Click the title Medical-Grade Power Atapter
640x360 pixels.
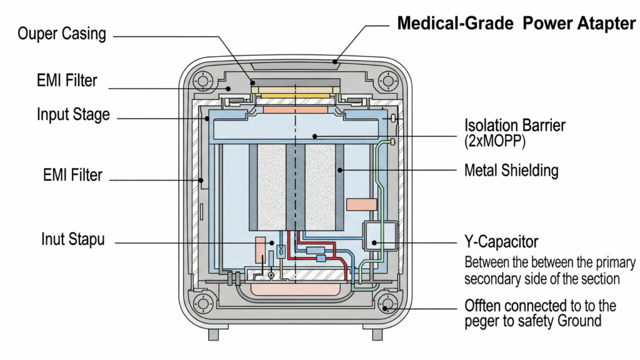[516, 24]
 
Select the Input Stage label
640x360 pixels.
[73, 115]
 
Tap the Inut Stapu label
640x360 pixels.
[73, 239]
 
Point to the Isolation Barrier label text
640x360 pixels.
[515, 124]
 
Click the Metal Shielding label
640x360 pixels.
[511, 170]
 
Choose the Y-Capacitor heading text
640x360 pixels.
[501, 241]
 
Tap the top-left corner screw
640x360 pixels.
[203, 81]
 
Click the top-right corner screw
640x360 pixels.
[387, 81]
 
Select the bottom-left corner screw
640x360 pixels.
[203, 304]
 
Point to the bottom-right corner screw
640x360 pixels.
[387, 305]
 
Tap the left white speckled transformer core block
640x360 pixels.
[271, 187]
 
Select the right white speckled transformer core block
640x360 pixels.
[319, 187]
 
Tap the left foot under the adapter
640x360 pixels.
[214, 334]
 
